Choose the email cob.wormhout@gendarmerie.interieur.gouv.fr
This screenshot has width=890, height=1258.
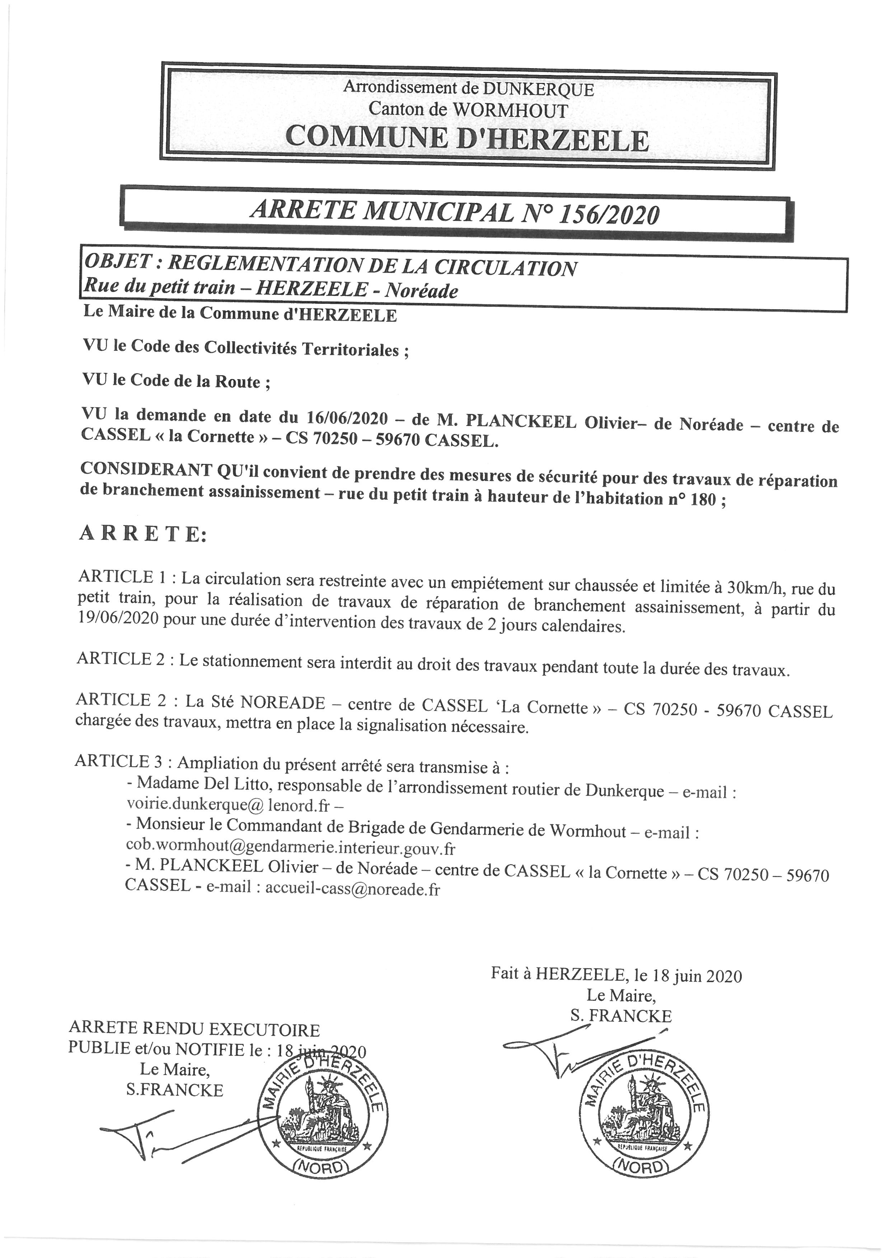(290, 848)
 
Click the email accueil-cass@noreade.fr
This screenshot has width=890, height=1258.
(352, 888)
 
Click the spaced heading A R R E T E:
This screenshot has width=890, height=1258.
(144, 534)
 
